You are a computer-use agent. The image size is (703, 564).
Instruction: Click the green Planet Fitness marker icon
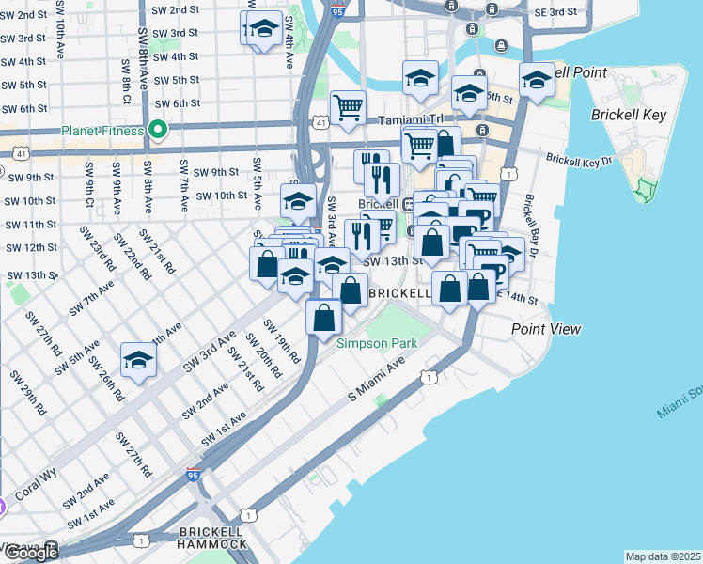coord(157,131)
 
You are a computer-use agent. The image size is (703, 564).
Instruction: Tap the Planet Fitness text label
coord(102,131)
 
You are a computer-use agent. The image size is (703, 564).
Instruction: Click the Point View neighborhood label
coord(546,329)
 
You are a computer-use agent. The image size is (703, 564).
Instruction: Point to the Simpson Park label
coord(376,343)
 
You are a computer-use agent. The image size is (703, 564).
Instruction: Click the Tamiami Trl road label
coord(410,121)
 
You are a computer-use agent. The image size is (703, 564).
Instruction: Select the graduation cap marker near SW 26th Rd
coord(138,361)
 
